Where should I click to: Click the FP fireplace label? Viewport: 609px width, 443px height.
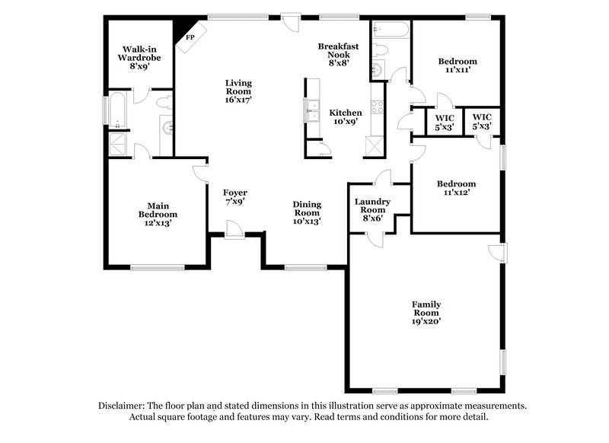click(190, 37)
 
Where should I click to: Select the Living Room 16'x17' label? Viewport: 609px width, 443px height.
click(238, 91)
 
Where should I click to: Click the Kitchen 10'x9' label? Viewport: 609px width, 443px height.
click(345, 118)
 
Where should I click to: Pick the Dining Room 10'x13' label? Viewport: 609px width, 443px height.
click(307, 212)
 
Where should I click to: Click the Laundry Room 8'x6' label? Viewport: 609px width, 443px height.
click(374, 209)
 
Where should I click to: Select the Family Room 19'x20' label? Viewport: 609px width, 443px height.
click(427, 313)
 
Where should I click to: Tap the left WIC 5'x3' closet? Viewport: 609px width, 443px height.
click(444, 122)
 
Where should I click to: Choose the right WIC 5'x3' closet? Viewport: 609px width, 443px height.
click(482, 122)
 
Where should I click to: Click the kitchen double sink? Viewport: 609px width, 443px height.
click(311, 111)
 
